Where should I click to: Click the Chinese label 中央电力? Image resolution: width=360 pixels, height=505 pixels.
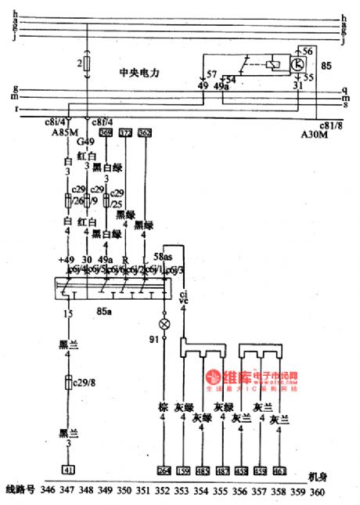coord(139,72)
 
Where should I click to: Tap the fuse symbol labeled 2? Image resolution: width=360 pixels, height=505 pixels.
coord(87,62)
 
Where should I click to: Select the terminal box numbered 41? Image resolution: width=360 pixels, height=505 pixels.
coord(70,471)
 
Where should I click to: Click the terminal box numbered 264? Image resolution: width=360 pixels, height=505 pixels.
coord(164,471)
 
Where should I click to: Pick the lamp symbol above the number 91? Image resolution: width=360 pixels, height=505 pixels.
coord(164,323)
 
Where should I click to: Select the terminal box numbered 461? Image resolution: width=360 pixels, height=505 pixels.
coord(280,471)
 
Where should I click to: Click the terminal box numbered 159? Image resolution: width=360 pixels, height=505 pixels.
coord(183,471)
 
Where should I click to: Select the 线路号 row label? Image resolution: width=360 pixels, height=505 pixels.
coord(19,491)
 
